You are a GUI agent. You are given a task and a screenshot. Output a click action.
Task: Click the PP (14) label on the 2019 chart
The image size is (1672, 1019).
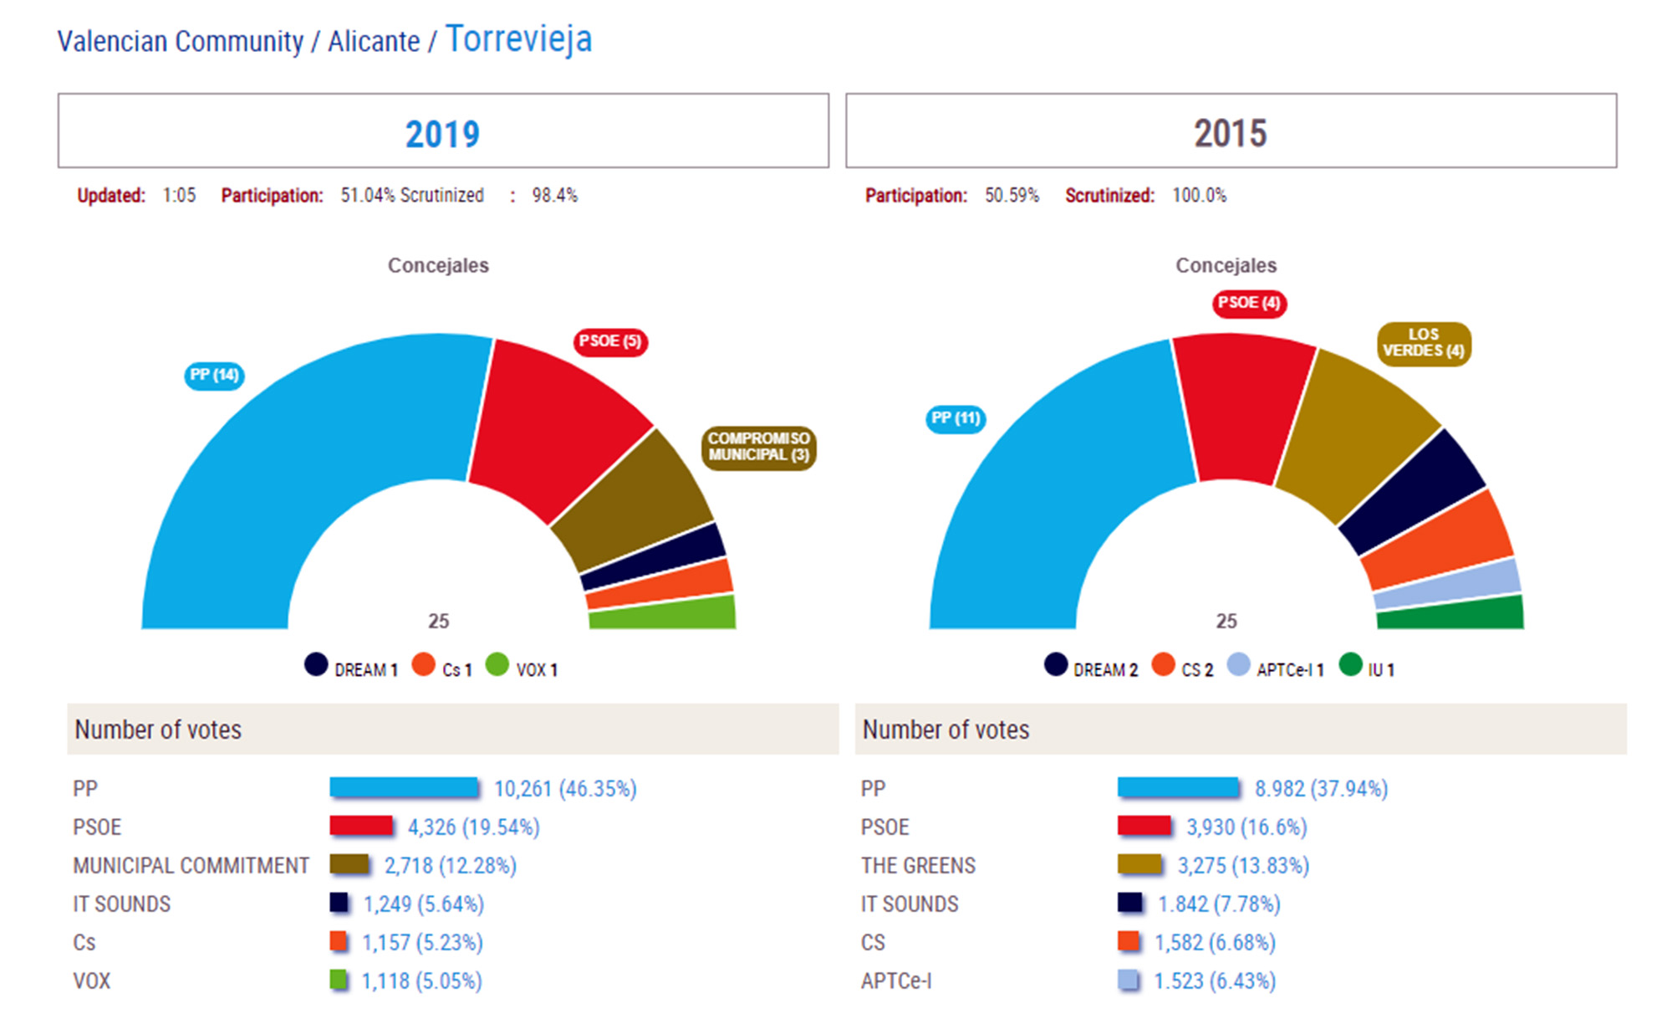(x=214, y=376)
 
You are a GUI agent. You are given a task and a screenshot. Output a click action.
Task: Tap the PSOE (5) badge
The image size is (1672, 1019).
(x=610, y=341)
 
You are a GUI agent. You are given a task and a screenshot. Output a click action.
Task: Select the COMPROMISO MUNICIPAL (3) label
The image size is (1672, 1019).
(x=758, y=447)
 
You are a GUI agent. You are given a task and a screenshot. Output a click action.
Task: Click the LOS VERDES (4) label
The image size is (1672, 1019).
(x=1424, y=343)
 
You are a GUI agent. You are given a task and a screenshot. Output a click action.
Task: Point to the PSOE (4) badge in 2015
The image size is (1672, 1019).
(x=1249, y=303)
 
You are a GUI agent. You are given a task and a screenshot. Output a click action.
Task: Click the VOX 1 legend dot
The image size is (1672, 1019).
(x=497, y=665)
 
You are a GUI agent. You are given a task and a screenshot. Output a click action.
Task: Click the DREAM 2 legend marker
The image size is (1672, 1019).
(x=1056, y=665)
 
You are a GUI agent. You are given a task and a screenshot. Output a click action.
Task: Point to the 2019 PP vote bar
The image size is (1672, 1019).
(x=404, y=788)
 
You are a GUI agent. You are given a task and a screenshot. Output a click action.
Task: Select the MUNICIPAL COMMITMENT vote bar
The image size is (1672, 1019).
(x=349, y=865)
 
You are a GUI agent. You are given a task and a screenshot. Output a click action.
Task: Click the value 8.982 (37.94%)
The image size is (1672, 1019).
(x=1321, y=788)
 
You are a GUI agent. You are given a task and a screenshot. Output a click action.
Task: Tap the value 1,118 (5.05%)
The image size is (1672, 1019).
(x=421, y=981)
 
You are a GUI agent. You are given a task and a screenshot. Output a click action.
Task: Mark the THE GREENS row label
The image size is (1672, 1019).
(x=918, y=865)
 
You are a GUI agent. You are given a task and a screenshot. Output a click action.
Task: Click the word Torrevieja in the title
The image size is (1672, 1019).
(x=518, y=39)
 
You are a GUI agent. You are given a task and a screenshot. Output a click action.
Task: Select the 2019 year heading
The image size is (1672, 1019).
(x=443, y=134)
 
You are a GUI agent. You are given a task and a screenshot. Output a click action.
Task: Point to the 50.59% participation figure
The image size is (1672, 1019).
(x=1012, y=196)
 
